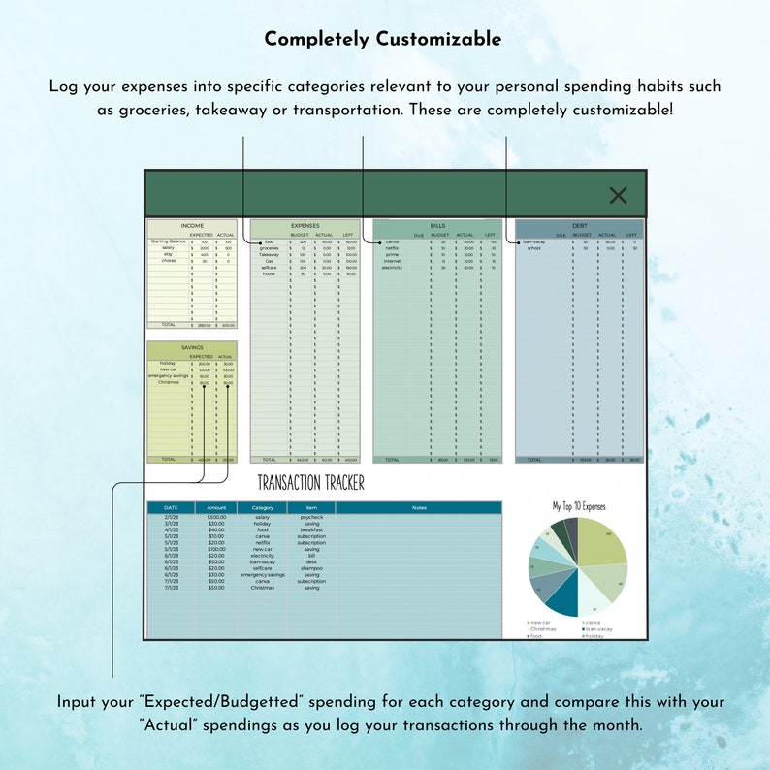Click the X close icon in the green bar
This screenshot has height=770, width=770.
click(618, 196)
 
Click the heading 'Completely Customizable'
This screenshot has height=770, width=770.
click(383, 40)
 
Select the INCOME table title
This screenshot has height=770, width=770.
click(192, 226)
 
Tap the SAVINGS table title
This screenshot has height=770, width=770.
click(192, 347)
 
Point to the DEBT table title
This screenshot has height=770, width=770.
click(579, 226)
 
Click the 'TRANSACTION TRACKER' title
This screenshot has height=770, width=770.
click(310, 482)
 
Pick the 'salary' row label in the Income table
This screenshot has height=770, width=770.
click(169, 248)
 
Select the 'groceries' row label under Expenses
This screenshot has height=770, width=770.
click(269, 248)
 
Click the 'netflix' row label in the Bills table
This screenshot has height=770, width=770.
click(393, 248)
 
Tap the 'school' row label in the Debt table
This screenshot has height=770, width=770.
click(533, 248)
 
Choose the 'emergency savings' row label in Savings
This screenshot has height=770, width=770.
click(166, 376)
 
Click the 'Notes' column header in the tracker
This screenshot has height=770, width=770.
click(419, 507)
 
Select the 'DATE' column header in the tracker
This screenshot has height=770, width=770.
click(171, 507)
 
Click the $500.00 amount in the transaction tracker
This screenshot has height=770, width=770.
click(216, 518)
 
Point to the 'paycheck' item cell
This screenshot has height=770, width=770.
click(311, 518)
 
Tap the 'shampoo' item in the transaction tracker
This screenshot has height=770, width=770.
click(311, 568)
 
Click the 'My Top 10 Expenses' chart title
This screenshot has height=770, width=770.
click(578, 506)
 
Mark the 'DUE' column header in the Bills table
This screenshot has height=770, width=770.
click(419, 235)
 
